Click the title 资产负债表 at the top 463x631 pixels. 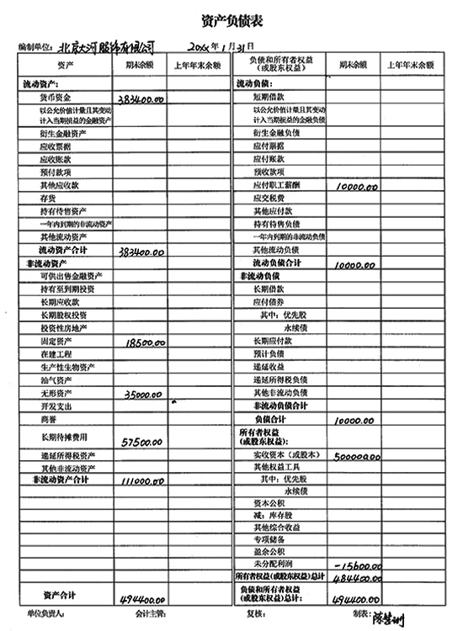click(231, 19)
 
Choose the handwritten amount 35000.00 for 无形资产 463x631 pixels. click(142, 394)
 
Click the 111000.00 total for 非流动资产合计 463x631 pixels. click(142, 480)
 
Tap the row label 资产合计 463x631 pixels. click(59, 595)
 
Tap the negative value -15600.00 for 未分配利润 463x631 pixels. click(358, 563)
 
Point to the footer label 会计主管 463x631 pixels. click(150, 616)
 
